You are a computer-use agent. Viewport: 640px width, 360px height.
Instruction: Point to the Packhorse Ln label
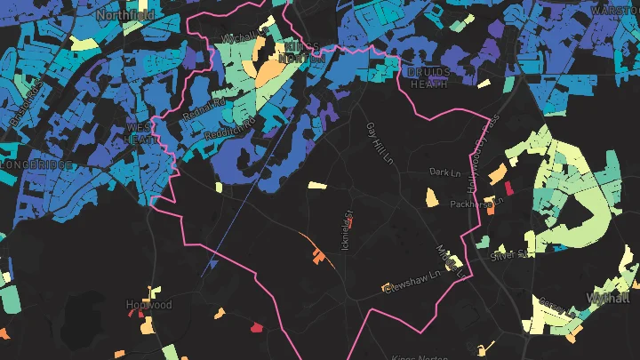point(484,202)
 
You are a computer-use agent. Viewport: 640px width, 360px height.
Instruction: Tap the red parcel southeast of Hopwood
point(258,328)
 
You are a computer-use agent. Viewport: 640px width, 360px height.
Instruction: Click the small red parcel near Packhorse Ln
point(509,188)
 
